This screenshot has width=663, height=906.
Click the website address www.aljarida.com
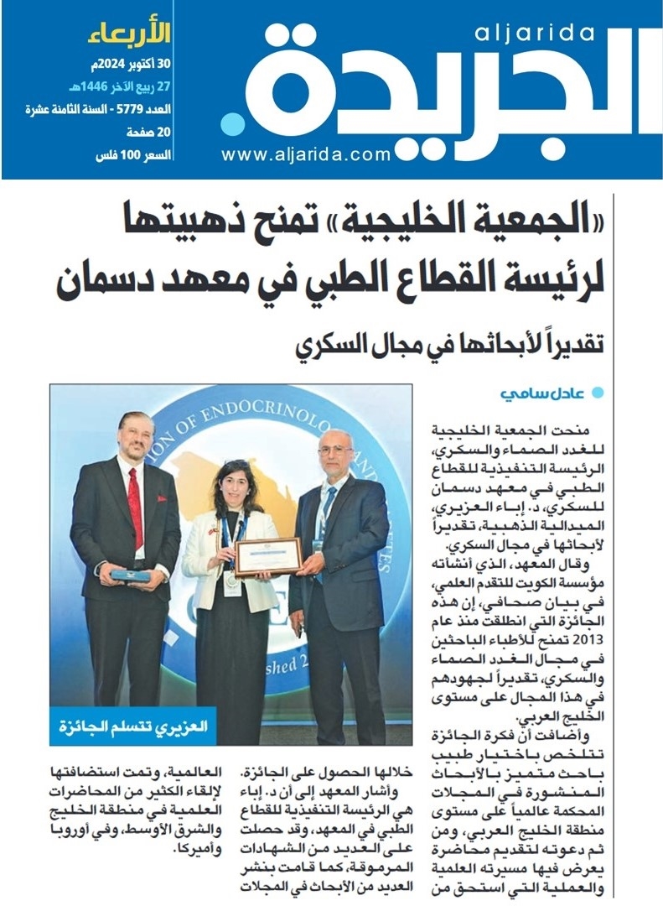click(306, 154)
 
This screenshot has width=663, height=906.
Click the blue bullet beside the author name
click(597, 393)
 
